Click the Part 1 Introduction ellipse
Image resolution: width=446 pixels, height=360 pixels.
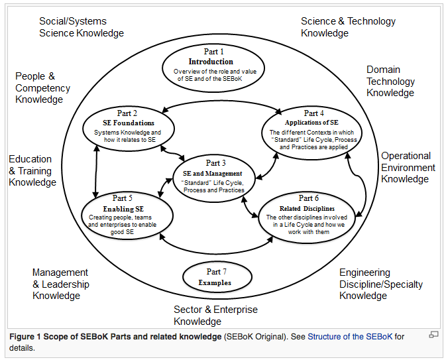click(214, 66)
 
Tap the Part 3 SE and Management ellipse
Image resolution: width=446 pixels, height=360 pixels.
click(214, 176)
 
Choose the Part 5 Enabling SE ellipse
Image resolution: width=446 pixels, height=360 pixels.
click(128, 213)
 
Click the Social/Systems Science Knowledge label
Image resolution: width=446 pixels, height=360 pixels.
click(81, 27)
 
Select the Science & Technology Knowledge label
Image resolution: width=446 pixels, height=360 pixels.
click(348, 27)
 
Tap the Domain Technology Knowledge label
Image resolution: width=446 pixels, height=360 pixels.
click(392, 81)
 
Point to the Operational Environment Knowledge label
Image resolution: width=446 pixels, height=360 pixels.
click(408, 167)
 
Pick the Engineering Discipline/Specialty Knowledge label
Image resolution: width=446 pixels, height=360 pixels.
click(380, 284)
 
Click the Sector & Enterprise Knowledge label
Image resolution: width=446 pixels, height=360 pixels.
click(215, 315)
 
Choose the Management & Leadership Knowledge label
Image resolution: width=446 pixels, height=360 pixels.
click(60, 284)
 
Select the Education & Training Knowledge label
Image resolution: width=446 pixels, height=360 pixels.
click(32, 170)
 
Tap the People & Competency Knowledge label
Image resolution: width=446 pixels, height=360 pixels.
click(42, 88)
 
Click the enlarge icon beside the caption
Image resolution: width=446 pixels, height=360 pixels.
click(433, 335)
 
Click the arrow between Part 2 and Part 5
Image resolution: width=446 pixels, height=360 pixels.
click(97, 168)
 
